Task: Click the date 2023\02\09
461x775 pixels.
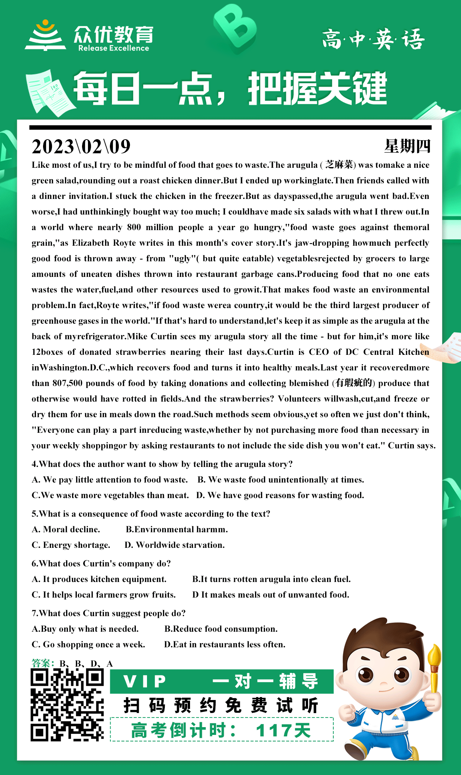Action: tap(81, 147)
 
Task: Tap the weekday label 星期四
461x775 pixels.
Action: tap(407, 146)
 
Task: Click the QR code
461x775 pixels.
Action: tap(67, 705)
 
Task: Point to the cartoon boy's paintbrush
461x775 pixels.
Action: tap(434, 664)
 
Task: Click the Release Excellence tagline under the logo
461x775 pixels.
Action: tap(114, 48)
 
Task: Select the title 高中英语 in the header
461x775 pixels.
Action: tap(373, 39)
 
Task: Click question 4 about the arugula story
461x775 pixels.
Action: tap(162, 464)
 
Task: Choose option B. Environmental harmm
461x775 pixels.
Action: tap(177, 529)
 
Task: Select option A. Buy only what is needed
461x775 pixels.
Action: tap(85, 629)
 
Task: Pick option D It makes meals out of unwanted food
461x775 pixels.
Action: tap(271, 595)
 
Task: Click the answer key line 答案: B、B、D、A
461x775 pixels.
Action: tap(72, 663)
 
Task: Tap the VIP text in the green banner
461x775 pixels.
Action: tap(145, 681)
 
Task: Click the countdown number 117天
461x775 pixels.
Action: tap(283, 730)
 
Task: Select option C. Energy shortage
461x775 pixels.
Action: tap(71, 545)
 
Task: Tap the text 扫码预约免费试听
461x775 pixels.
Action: tap(221, 706)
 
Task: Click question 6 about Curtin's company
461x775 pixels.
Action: tap(101, 563)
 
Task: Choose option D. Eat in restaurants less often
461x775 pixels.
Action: tap(225, 644)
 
